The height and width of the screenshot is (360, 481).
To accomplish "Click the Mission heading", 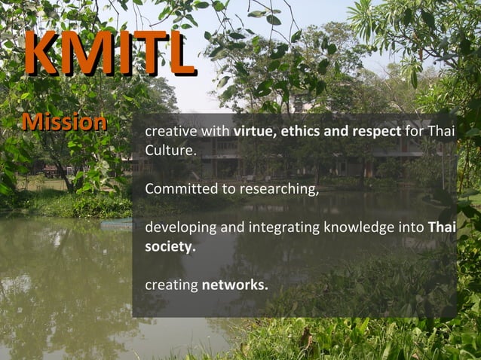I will click(64, 122).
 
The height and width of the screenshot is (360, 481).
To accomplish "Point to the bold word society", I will click(170, 246).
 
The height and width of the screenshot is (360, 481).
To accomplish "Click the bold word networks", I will click(234, 285).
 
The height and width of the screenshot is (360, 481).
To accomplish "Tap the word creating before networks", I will click(171, 286).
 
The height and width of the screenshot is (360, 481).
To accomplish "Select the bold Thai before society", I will click(442, 227).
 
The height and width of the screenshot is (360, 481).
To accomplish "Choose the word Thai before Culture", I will click(441, 133).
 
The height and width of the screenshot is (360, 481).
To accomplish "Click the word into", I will click(412, 227).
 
